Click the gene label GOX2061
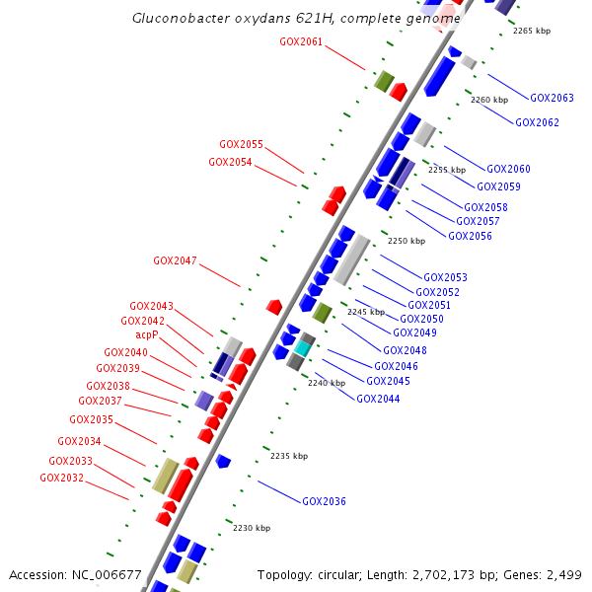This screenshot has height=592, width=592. click(301, 41)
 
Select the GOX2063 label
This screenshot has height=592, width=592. click(552, 98)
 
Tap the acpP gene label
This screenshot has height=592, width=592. click(147, 334)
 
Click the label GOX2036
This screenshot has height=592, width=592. click(324, 501)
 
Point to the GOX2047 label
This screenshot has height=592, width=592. click(175, 261)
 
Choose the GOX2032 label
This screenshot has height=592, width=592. click(61, 478)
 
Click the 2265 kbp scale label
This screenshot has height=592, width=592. click(532, 31)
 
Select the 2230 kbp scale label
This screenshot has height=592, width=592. click(252, 528)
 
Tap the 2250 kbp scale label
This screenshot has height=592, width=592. click(406, 241)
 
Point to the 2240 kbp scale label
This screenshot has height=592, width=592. click(327, 383)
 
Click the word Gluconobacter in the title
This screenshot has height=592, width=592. click(176, 19)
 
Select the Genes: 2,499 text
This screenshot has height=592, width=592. click(546, 574)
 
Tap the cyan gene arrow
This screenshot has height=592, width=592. click(302, 346)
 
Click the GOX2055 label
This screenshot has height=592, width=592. click(241, 144)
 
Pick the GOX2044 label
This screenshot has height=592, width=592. click(378, 399)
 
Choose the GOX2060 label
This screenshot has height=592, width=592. click(508, 170)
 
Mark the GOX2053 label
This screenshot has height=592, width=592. click(445, 277)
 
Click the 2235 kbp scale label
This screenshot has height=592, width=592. click(289, 456)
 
